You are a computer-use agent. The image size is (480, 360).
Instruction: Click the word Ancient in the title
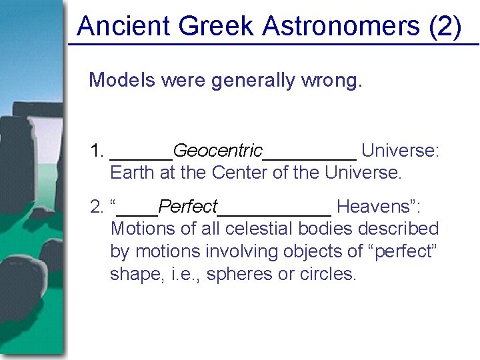point(124,27)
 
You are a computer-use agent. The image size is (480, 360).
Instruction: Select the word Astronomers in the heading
point(342,27)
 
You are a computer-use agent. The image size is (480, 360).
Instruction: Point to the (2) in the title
point(445,27)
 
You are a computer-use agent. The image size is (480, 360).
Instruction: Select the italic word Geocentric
point(218,151)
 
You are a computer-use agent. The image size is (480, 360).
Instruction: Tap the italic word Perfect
point(189,206)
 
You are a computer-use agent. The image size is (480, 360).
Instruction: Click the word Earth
point(132,173)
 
